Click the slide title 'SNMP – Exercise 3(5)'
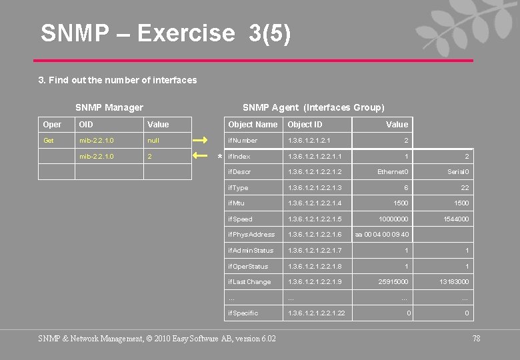click(165, 33)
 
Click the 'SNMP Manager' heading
click(109, 107)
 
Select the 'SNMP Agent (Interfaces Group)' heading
click(313, 107)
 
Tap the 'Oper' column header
click(52, 125)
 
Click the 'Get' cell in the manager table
click(49, 141)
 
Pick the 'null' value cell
click(154, 141)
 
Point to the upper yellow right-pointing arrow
click(201, 141)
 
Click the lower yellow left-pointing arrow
click(201, 156)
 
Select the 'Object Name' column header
click(253, 125)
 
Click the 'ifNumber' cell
click(243, 141)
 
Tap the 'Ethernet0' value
click(393, 172)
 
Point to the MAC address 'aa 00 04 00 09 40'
click(382, 235)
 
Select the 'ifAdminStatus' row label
click(251, 251)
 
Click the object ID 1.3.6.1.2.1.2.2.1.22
click(317, 313)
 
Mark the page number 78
click(476, 339)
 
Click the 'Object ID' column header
click(305, 125)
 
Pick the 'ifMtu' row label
click(237, 203)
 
